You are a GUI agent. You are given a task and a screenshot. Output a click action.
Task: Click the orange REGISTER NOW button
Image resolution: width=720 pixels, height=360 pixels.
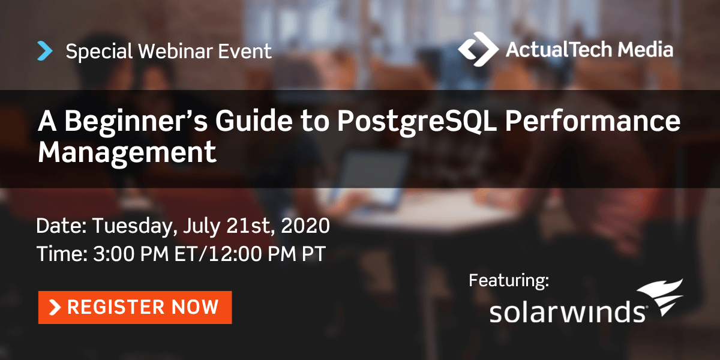click(135, 307)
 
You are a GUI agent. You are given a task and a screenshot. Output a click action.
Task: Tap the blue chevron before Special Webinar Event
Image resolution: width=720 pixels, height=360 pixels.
click(45, 51)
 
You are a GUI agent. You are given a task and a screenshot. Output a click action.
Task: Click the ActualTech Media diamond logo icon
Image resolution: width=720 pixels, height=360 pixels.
click(478, 49)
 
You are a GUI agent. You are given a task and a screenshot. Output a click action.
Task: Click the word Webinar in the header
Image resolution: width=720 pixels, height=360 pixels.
click(175, 51)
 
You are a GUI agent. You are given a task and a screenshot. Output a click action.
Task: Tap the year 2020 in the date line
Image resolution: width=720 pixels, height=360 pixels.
click(305, 226)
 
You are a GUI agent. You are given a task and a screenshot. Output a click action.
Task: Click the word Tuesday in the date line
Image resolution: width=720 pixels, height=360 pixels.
click(135, 227)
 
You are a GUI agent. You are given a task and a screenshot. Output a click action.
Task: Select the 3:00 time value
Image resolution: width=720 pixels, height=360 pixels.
click(113, 254)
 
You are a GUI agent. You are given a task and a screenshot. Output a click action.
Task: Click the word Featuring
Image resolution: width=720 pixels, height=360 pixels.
click(509, 281)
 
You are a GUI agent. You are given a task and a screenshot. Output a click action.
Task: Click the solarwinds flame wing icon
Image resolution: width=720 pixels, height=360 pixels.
click(661, 296)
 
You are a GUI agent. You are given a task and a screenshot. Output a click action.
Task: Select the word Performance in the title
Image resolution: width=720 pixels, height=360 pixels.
click(593, 121)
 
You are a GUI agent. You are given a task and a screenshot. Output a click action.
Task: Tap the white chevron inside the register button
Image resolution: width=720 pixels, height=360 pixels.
click(55, 307)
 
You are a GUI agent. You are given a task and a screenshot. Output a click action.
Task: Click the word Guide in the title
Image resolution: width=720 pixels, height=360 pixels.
click(254, 121)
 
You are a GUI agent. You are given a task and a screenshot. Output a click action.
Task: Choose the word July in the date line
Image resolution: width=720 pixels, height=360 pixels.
click(202, 227)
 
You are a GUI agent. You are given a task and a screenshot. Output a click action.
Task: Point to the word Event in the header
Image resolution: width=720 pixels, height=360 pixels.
click(245, 51)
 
